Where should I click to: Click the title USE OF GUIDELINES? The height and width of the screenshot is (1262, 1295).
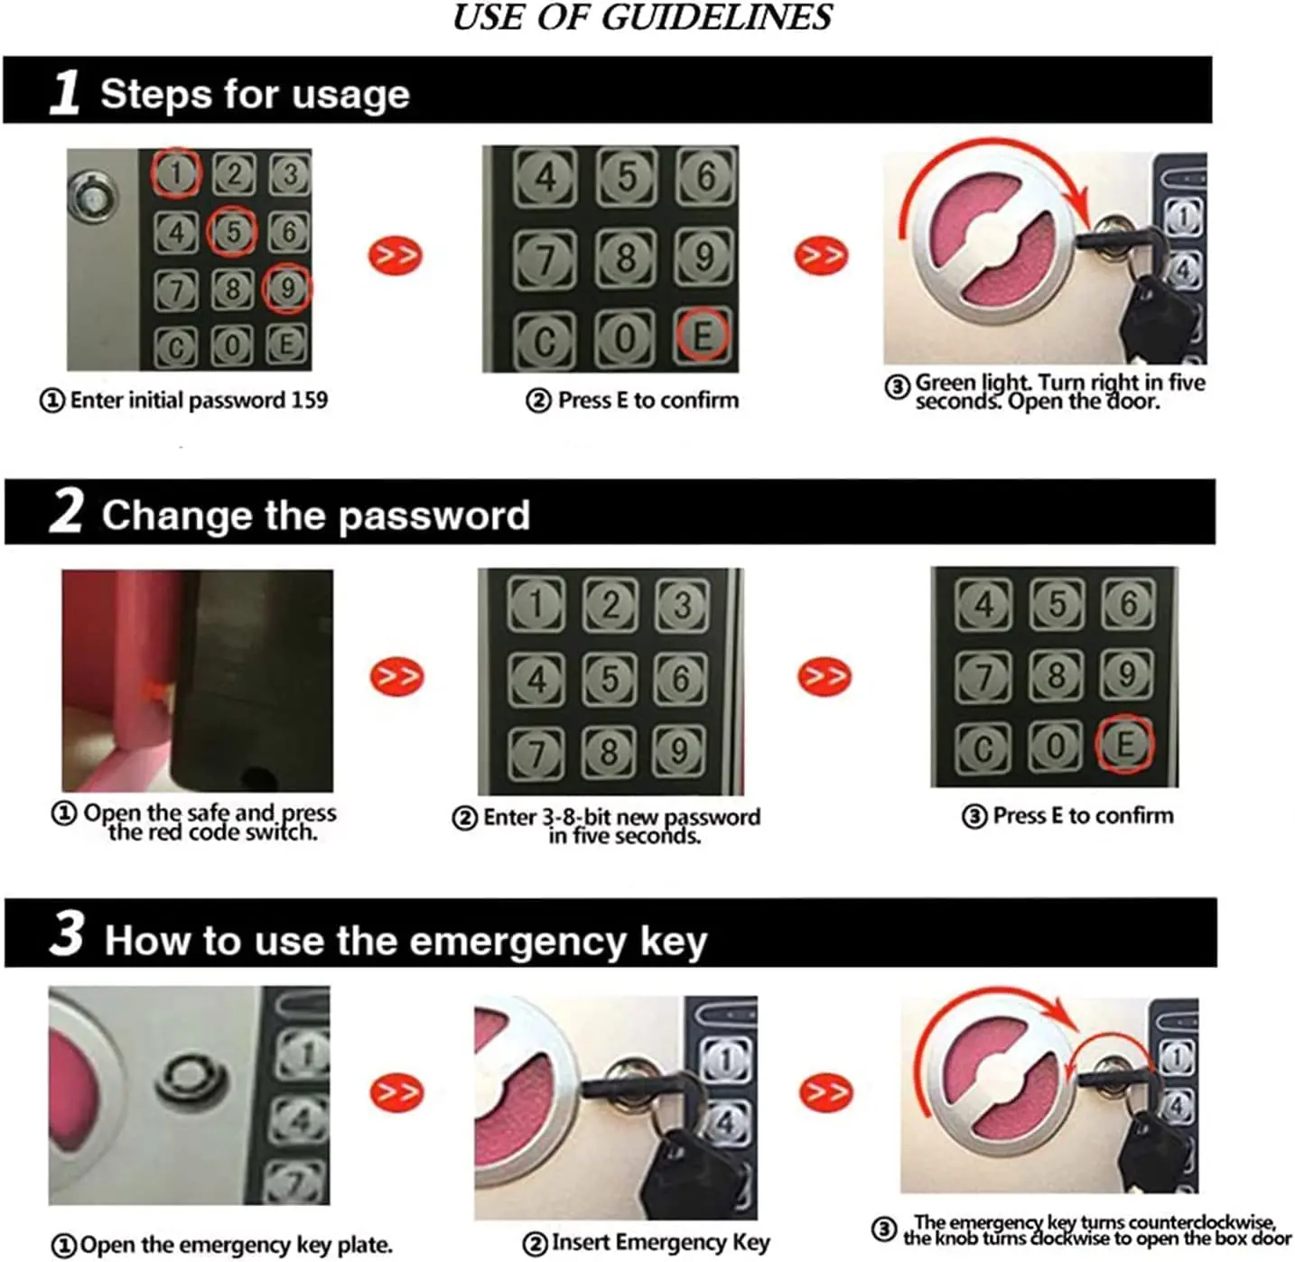[x=641, y=17]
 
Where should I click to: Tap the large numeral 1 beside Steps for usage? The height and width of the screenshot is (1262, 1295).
[x=65, y=92]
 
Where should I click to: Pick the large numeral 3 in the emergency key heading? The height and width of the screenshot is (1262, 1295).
[x=67, y=933]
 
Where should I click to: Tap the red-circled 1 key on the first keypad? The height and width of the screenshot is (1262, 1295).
[x=176, y=173]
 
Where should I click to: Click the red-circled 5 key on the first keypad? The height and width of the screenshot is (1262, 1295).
[x=232, y=231]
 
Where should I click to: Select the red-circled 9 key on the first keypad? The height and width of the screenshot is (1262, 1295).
[x=287, y=288]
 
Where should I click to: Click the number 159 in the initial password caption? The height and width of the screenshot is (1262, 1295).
[x=310, y=400]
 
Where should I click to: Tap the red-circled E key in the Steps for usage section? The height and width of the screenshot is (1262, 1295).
[x=703, y=334]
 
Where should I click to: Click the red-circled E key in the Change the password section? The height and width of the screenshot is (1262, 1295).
[x=1124, y=743]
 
